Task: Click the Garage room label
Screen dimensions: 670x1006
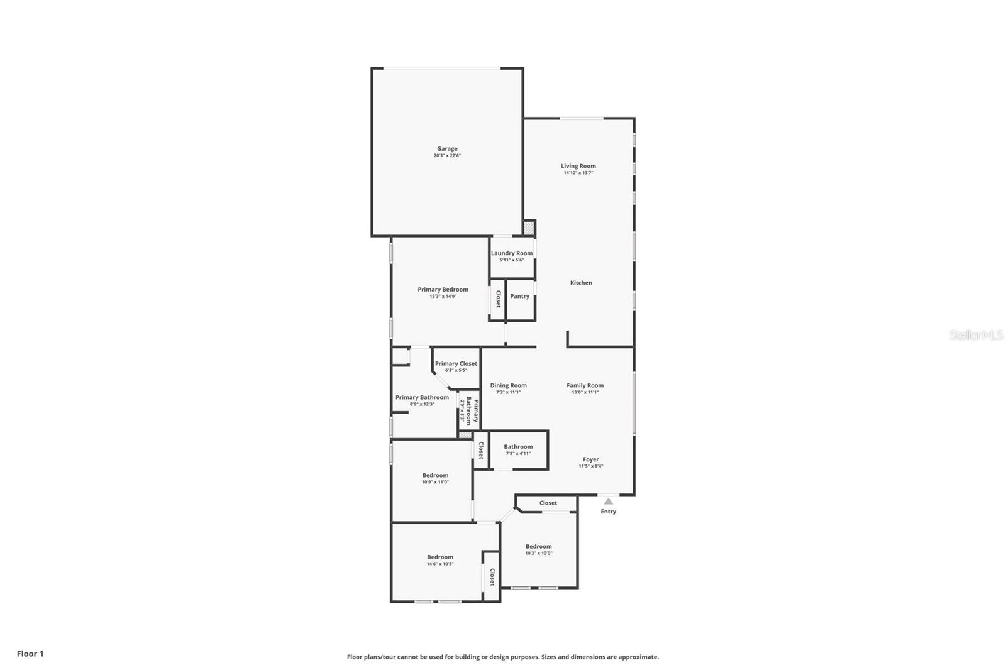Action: tap(447, 149)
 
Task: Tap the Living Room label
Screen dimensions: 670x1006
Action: tap(578, 166)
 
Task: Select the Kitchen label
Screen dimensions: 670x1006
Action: tap(581, 283)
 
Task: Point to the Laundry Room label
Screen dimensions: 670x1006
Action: tap(512, 253)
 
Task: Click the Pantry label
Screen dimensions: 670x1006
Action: tap(519, 296)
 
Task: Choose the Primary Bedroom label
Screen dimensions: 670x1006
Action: tap(443, 290)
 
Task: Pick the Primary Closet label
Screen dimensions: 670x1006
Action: tap(456, 363)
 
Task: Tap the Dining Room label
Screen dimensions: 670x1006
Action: tap(508, 385)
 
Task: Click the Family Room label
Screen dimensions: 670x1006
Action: tap(585, 385)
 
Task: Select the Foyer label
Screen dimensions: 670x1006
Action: tap(590, 459)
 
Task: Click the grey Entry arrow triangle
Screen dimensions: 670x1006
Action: tap(608, 501)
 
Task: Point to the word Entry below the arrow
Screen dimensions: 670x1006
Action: tap(608, 512)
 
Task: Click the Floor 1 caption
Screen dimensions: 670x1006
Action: tap(30, 654)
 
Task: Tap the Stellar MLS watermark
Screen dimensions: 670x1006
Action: tap(976, 335)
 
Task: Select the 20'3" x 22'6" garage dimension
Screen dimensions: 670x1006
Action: tap(447, 156)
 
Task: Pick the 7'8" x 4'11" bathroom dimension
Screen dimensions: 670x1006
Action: tap(518, 453)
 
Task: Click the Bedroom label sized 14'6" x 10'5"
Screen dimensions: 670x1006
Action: tap(440, 557)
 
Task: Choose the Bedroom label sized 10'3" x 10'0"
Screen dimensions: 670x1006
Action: tap(539, 546)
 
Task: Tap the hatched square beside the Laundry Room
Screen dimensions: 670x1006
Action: tap(529, 228)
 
